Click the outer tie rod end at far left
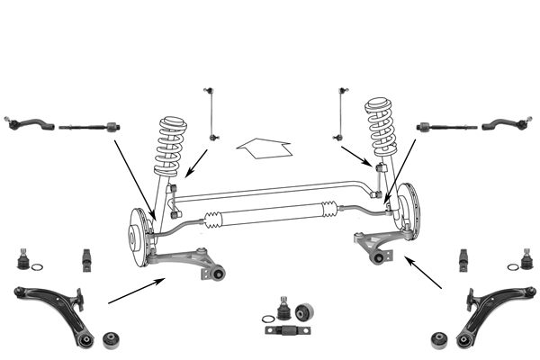[x=26, y=122]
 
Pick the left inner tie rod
[x=88, y=127]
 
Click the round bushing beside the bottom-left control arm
[x=112, y=338]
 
